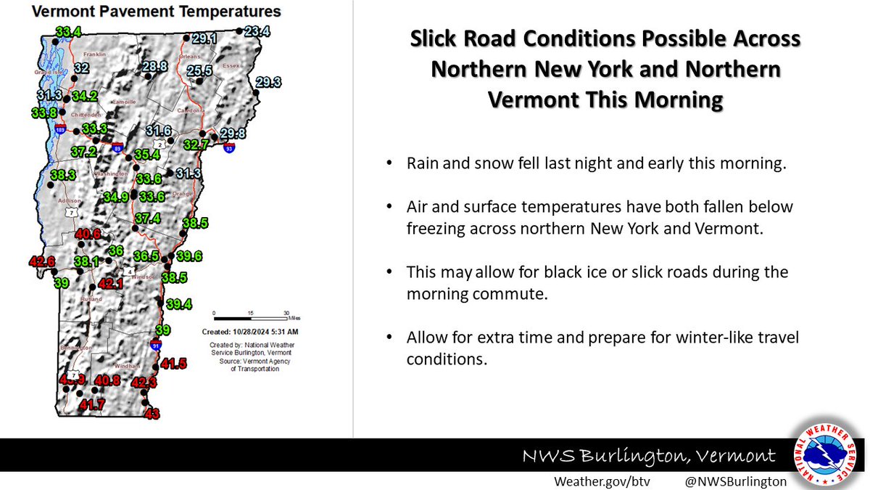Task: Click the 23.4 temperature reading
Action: [257, 31]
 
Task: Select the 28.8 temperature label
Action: [154, 67]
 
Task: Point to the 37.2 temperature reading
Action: [84, 152]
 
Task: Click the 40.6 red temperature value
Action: [88, 234]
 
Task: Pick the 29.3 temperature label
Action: [268, 81]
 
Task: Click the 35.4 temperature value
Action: [146, 154]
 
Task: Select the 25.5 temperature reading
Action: [199, 70]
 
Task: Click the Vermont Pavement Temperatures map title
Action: [146, 12]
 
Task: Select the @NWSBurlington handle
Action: [735, 481]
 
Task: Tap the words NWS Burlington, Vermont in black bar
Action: [650, 457]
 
